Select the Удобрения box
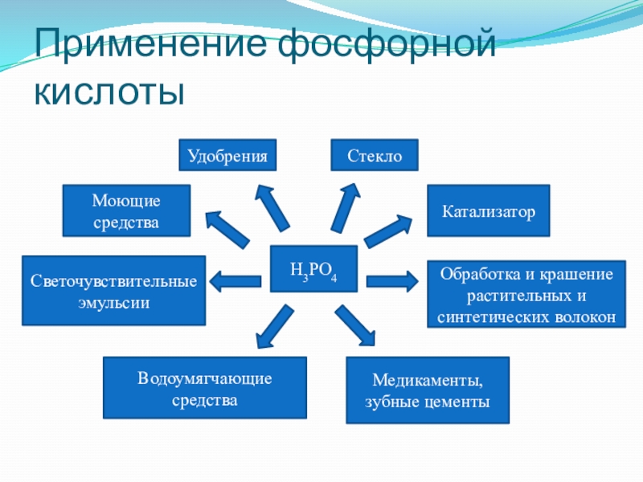point(227,155)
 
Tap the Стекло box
point(375,155)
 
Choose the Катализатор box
point(488,210)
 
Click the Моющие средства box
point(126,210)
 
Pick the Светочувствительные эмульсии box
point(113,291)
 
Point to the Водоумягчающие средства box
point(205,388)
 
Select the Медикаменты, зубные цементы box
point(428,390)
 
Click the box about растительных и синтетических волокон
point(526,295)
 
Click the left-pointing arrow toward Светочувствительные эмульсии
point(236,281)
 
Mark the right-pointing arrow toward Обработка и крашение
point(392,281)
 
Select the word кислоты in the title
point(109,92)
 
